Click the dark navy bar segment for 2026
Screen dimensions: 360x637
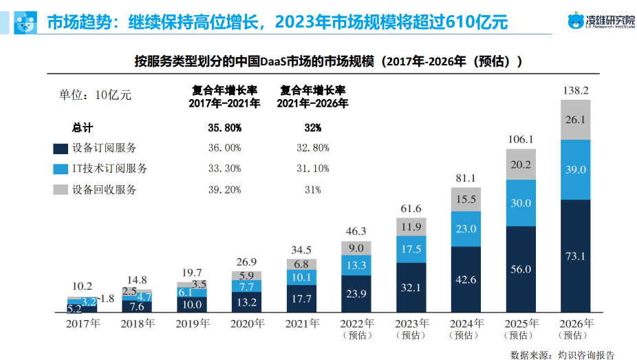pyautogui.click(x=575, y=256)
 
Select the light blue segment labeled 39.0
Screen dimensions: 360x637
pyautogui.click(x=575, y=169)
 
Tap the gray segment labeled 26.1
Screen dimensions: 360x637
pyautogui.click(x=575, y=120)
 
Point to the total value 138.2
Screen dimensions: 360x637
pyautogui.click(x=575, y=90)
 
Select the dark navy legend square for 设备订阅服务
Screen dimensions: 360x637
pyautogui.click(x=59, y=148)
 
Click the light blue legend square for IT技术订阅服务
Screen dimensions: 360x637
pyautogui.click(x=59, y=169)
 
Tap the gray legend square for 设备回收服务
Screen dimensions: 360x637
pyautogui.click(x=59, y=189)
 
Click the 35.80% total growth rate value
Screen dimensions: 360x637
pyautogui.click(x=224, y=128)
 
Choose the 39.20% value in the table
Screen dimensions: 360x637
pyautogui.click(x=224, y=190)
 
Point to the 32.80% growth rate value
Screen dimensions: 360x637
pyautogui.click(x=312, y=148)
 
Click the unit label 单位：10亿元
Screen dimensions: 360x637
pyautogui.click(x=95, y=95)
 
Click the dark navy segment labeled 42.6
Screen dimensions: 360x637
pyautogui.click(x=466, y=279)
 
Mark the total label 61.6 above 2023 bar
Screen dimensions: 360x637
pyautogui.click(x=411, y=209)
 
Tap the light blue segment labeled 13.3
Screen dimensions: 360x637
pyautogui.click(x=356, y=266)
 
